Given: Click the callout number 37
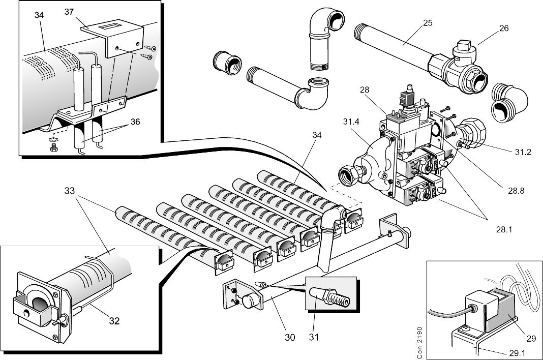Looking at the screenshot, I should pos(69,12).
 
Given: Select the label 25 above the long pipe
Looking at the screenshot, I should pos(427,23).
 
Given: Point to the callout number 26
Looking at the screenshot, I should pos(503,28).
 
